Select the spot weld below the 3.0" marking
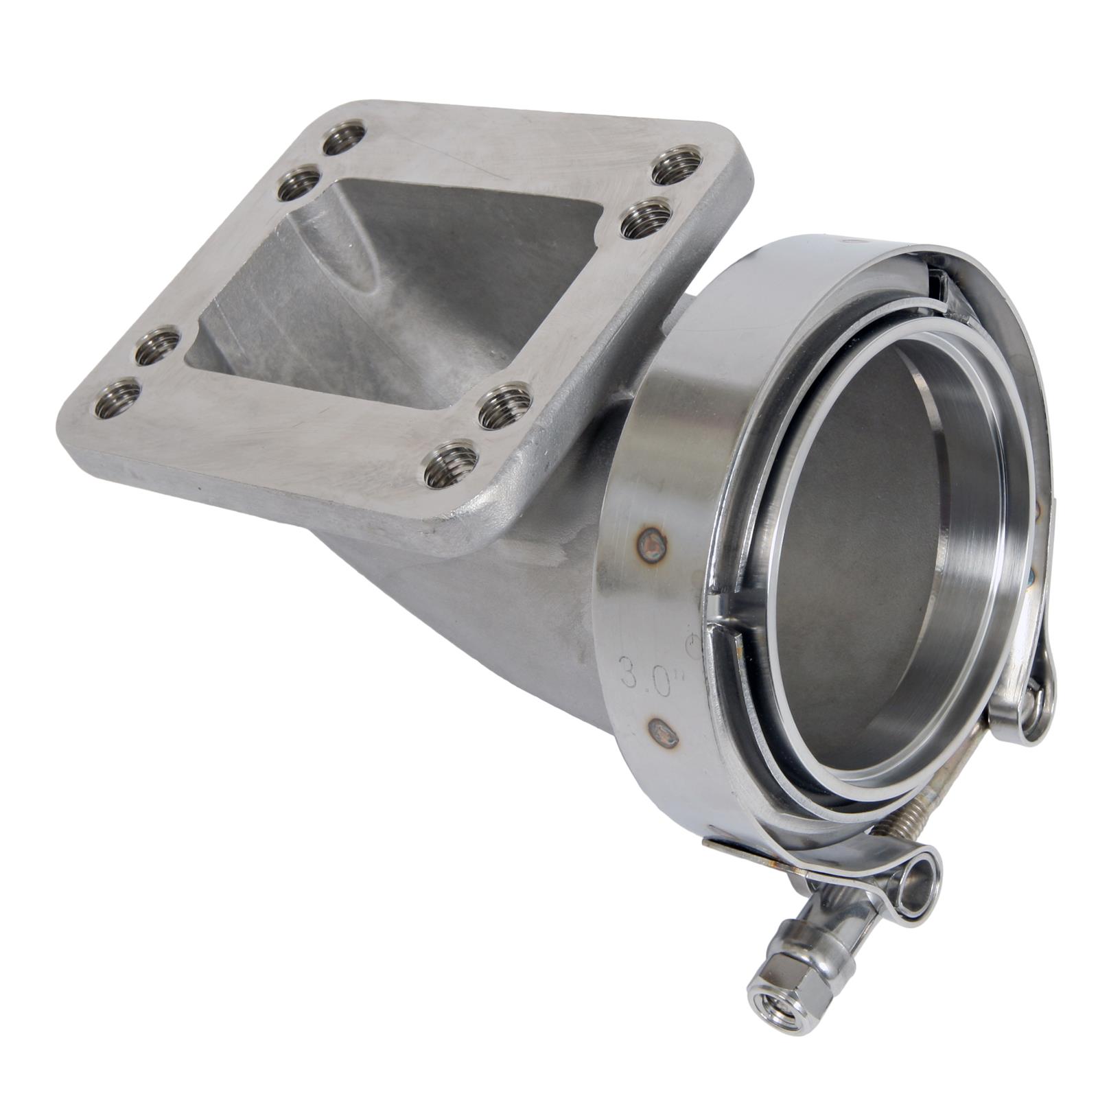(x=663, y=734)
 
